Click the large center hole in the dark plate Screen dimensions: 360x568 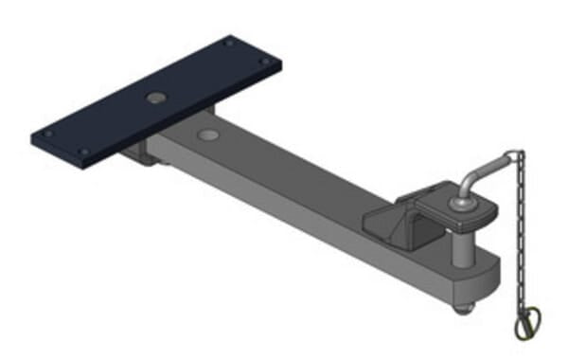[x=153, y=98]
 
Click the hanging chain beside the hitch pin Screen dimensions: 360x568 [x=519, y=237]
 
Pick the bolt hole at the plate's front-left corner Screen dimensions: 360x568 [x=84, y=151]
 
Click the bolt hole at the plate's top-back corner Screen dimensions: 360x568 [x=228, y=43]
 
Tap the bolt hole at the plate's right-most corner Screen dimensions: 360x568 [x=266, y=62]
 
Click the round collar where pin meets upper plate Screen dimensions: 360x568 [x=462, y=201]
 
